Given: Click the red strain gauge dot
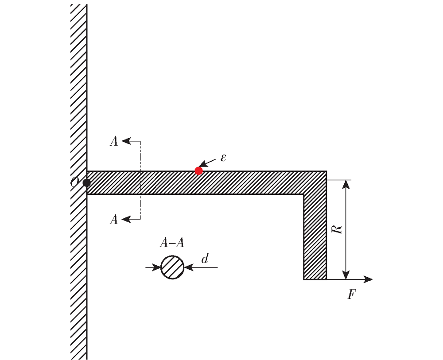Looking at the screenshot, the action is tap(198, 170).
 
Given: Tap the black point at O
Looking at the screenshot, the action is tap(86, 183).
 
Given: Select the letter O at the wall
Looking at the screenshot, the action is tap(74, 182).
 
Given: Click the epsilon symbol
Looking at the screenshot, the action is tap(223, 158).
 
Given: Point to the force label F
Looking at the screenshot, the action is tap(351, 294).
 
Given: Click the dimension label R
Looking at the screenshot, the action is tap(337, 229).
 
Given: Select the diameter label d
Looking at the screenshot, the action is tap(205, 258).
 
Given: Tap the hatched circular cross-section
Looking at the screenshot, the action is tap(172, 267).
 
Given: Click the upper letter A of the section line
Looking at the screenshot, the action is tap(114, 141).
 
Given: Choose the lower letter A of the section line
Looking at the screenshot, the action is tap(114, 219).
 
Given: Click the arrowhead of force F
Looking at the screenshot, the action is tap(368, 279).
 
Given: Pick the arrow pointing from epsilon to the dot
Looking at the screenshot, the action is tap(208, 163).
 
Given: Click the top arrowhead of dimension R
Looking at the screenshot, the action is tap(346, 184).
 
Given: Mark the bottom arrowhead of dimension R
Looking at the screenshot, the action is tap(346, 275).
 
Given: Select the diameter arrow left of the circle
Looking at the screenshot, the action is tap(153, 267).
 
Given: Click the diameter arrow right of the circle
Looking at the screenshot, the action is tap(201, 267).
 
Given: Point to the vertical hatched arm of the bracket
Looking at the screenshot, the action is tap(315, 236).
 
